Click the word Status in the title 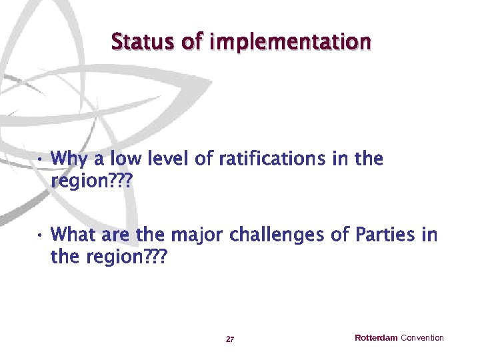[143, 42]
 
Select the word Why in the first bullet [68, 160]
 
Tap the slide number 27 [230, 339]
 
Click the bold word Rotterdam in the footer [376, 338]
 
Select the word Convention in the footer [422, 338]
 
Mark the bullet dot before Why [40, 161]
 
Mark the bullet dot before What [40, 237]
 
